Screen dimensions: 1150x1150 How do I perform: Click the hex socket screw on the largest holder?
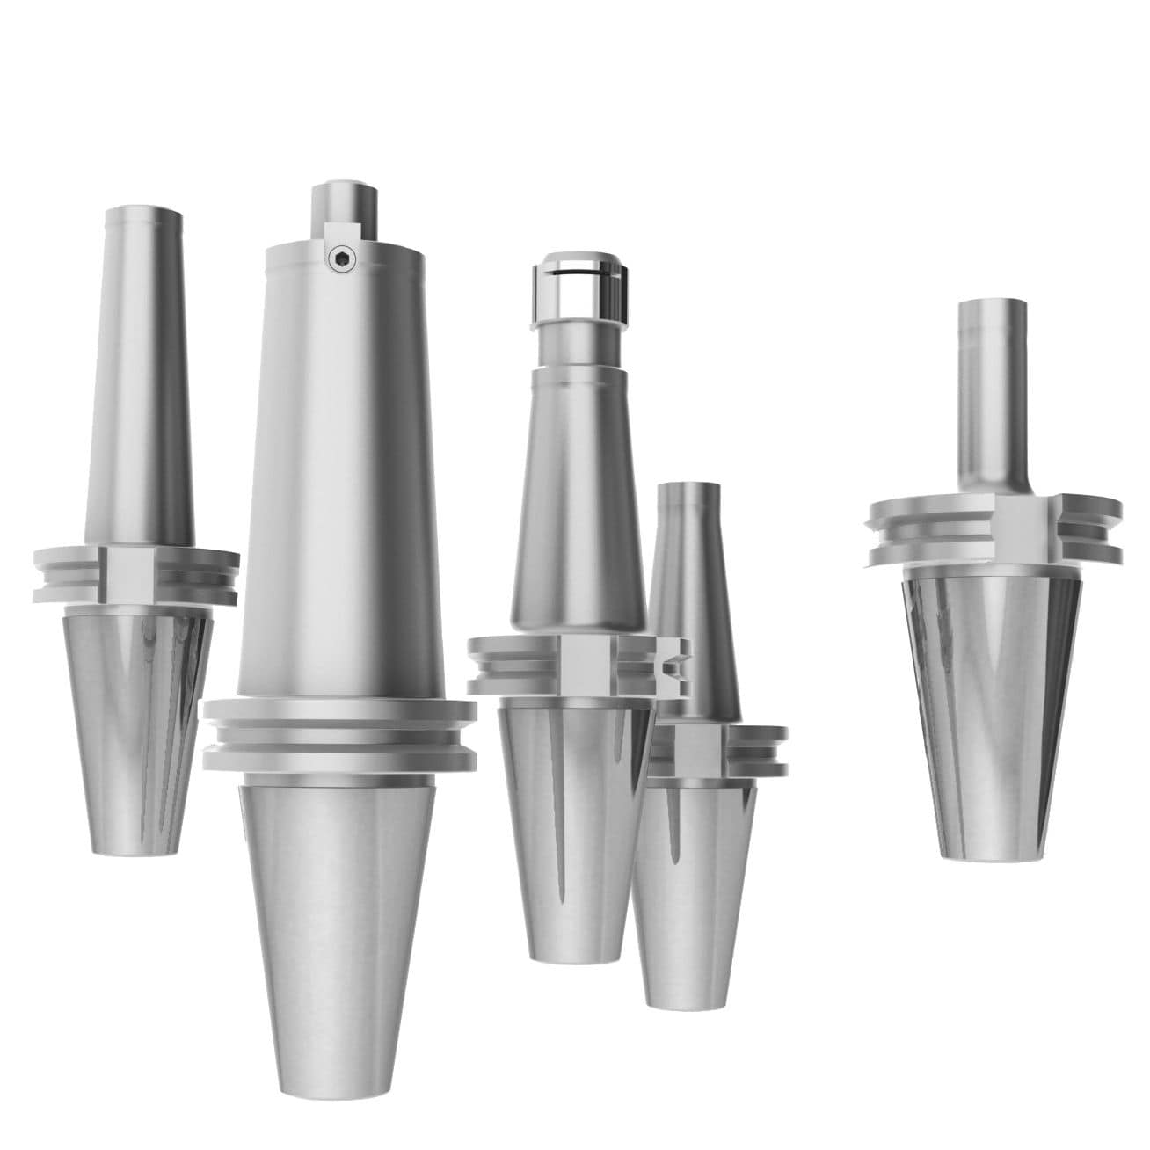click(x=337, y=257)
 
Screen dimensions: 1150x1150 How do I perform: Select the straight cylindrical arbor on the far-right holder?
click(x=992, y=396)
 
